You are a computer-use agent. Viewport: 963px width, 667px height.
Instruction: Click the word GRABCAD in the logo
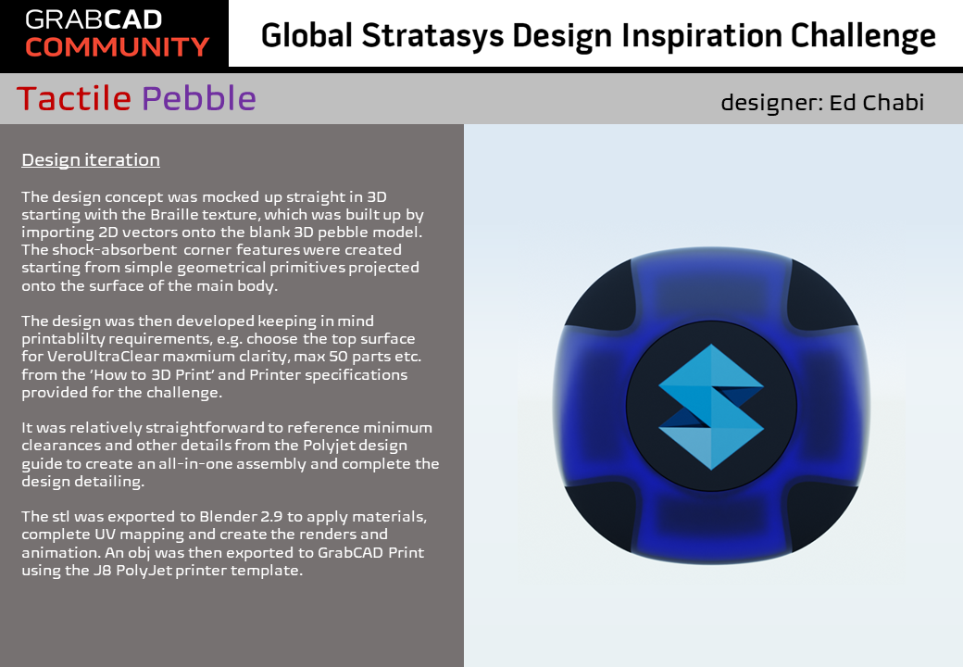[x=94, y=19]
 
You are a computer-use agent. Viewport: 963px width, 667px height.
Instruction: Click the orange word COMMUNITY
[x=118, y=47]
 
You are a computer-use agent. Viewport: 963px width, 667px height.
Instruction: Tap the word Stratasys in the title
[x=433, y=36]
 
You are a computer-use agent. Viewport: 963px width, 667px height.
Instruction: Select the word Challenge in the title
[x=863, y=36]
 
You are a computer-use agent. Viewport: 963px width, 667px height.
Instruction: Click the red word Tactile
[x=74, y=98]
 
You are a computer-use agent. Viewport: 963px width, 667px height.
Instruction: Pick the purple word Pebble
[x=199, y=98]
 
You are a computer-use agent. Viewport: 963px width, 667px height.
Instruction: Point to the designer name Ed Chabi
[x=876, y=103]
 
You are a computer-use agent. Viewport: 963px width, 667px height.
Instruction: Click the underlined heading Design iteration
[x=91, y=159]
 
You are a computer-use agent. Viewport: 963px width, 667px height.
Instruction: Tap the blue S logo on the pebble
[x=711, y=407]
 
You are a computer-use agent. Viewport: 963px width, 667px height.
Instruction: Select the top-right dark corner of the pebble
[x=821, y=296]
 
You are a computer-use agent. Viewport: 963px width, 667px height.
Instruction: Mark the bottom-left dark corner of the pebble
[x=599, y=516]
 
